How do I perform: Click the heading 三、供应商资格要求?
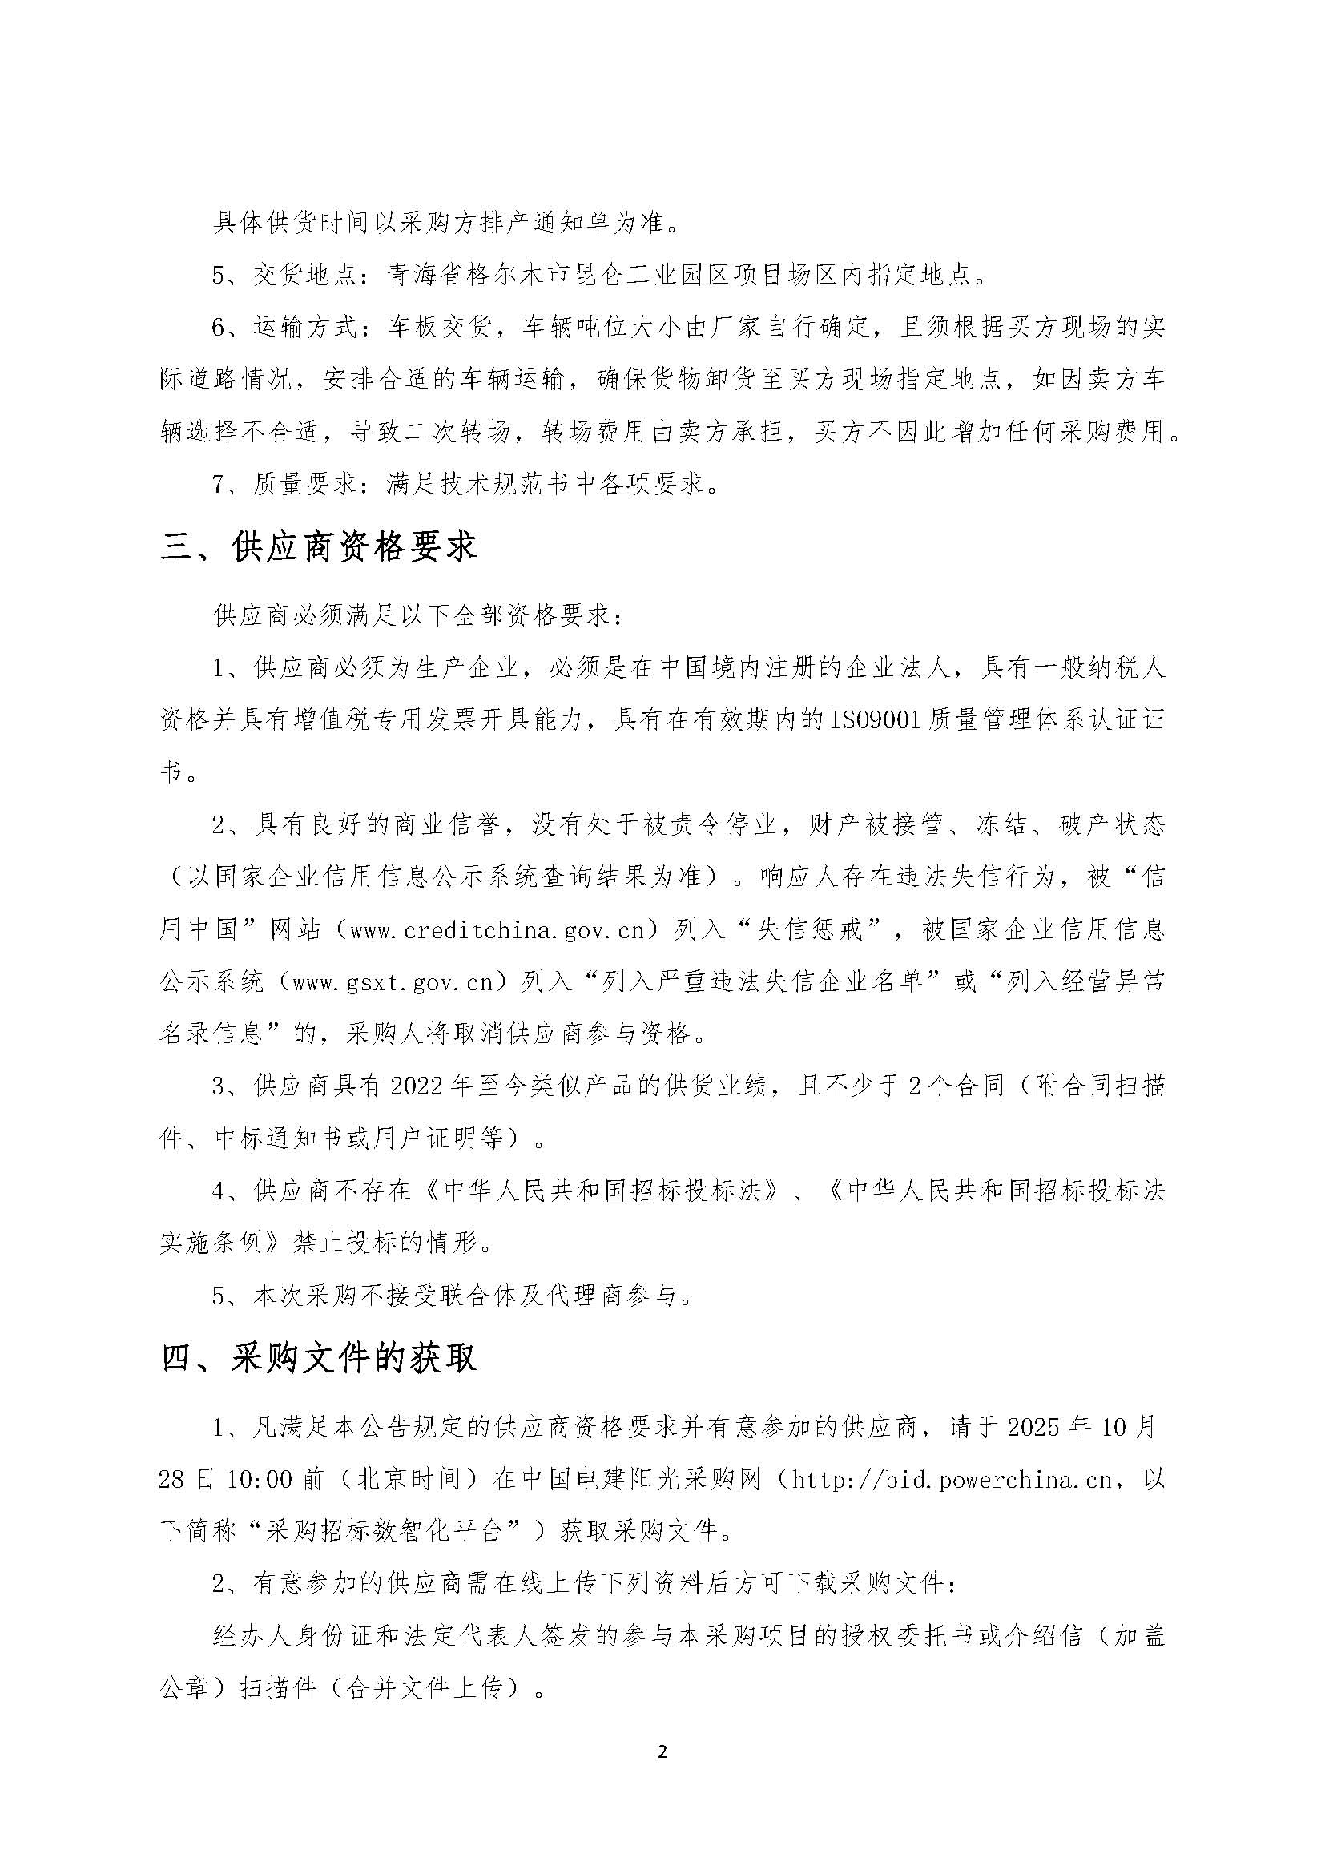[318, 548]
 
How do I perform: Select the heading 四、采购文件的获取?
[318, 1358]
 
